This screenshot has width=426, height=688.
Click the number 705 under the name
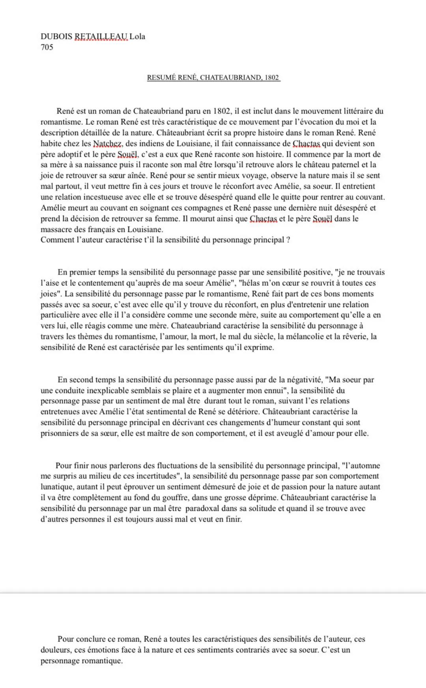pyautogui.click(x=47, y=47)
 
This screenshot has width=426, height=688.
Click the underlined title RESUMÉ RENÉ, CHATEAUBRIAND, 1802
pyautogui.click(x=213, y=77)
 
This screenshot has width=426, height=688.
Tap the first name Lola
pyautogui.click(x=137, y=36)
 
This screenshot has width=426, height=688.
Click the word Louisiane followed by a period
pyautogui.click(x=145, y=229)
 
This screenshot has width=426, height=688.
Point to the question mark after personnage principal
pyautogui.click(x=288, y=240)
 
